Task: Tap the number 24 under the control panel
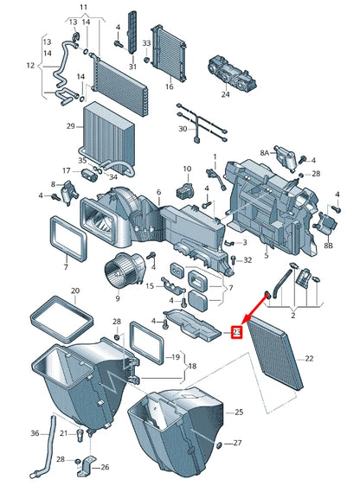(225, 94)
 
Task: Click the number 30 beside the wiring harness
(183, 129)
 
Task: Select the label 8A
(264, 152)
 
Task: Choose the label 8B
(328, 246)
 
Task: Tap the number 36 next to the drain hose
(35, 432)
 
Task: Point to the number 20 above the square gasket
(74, 291)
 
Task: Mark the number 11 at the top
(83, 8)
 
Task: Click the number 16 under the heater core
(169, 86)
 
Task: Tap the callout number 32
(247, 259)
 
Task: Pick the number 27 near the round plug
(237, 444)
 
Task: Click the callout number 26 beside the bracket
(105, 468)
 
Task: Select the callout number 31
(132, 67)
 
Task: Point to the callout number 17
(66, 170)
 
